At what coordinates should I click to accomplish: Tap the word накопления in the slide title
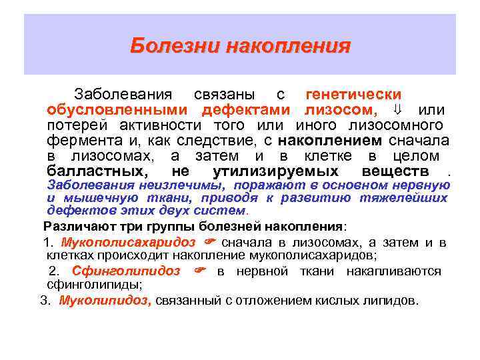pos(288,46)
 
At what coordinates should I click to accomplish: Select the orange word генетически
pos(353,95)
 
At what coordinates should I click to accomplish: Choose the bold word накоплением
pos(329,140)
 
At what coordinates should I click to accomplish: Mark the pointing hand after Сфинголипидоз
pos(199,271)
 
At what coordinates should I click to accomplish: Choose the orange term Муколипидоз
pos(105,300)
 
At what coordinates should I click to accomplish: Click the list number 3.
pos(44,300)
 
